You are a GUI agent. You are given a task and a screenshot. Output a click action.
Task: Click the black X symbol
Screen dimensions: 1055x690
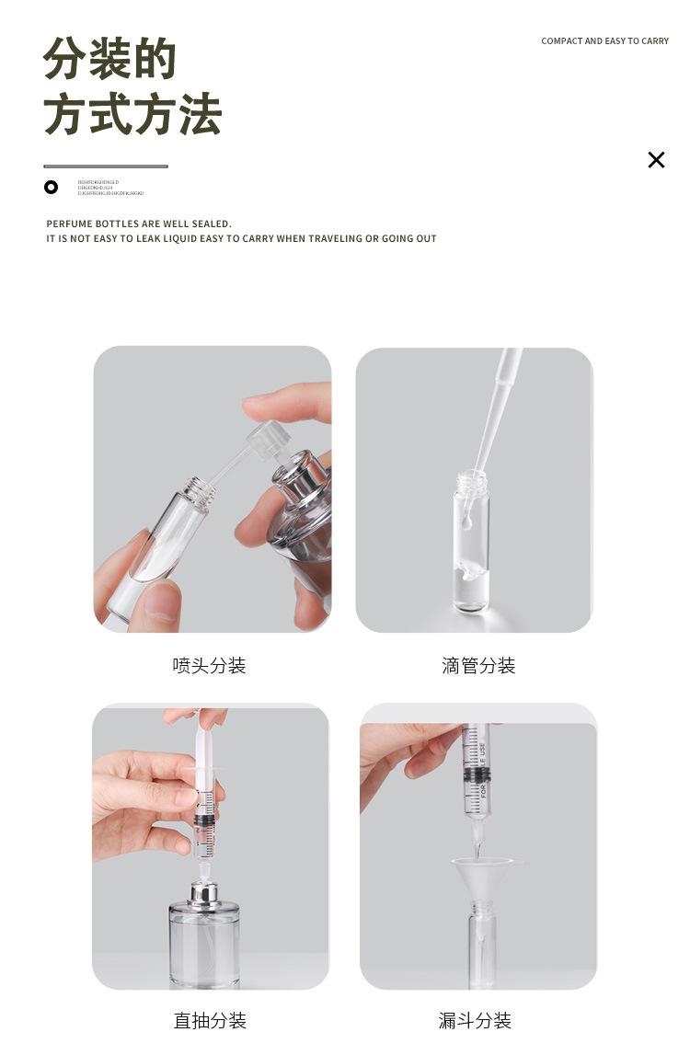[656, 160]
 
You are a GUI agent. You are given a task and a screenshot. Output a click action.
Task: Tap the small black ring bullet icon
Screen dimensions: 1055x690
[51, 188]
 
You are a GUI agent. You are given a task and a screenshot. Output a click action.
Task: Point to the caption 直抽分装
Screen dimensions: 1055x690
[210, 1020]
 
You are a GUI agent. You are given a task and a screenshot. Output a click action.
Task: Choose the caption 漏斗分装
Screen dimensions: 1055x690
[475, 1020]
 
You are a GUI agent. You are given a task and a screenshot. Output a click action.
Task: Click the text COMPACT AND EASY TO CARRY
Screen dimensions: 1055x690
[604, 41]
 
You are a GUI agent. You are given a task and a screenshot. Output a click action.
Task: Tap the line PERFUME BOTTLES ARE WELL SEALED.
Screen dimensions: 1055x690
[139, 224]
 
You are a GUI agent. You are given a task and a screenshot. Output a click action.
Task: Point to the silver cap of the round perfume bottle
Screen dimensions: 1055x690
[203, 892]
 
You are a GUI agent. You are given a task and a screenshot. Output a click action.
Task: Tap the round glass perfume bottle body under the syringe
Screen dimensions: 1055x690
[204, 943]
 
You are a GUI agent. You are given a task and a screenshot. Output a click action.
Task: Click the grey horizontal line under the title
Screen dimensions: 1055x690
[106, 166]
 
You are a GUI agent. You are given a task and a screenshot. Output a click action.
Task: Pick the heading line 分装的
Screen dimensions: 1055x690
[109, 60]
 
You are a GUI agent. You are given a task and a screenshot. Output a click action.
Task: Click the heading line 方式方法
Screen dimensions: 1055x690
[132, 115]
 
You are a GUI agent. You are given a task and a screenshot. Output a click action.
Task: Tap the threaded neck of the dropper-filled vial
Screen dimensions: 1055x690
[471, 481]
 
